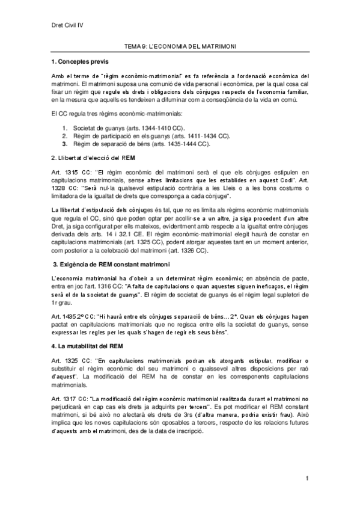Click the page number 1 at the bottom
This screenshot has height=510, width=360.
pyautogui.click(x=307, y=478)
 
